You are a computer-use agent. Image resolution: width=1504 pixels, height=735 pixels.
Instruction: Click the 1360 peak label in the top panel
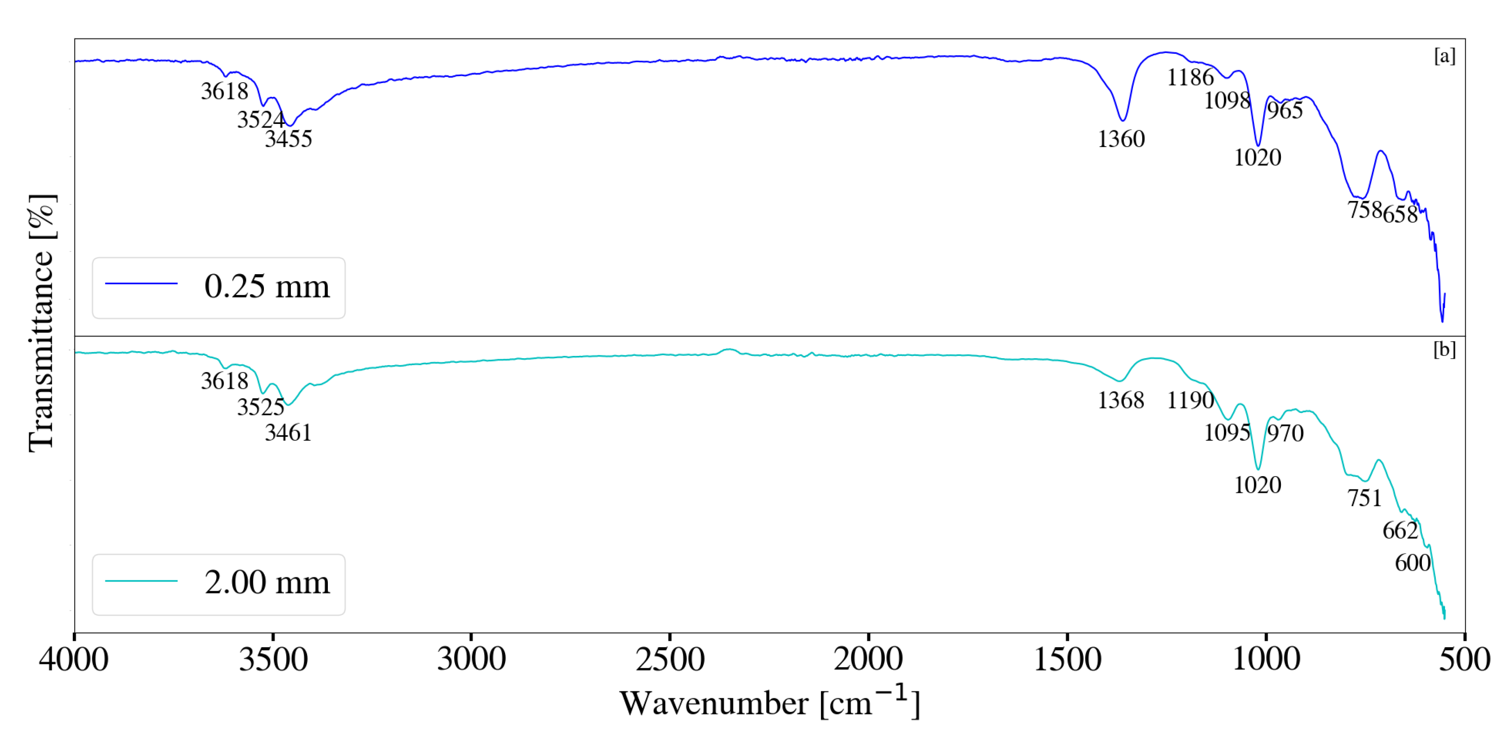coord(1121,139)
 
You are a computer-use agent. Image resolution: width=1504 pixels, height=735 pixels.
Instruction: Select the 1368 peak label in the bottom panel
coord(1121,400)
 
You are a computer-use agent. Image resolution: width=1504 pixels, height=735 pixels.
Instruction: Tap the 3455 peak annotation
coord(288,139)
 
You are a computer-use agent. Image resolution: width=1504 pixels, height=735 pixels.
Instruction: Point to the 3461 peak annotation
coord(288,433)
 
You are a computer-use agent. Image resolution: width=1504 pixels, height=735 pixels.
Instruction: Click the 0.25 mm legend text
coord(267,286)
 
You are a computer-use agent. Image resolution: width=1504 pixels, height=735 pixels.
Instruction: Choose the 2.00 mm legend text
coord(267,582)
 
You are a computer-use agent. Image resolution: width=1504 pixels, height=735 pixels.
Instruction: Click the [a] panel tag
coord(1445,56)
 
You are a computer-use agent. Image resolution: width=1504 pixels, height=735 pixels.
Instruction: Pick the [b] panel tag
coord(1445,349)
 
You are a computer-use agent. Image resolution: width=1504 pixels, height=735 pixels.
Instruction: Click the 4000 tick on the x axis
coord(74,659)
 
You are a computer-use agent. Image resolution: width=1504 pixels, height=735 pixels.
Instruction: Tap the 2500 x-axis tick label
coord(670,659)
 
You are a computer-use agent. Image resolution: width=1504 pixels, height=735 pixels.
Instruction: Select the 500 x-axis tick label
coord(1464,659)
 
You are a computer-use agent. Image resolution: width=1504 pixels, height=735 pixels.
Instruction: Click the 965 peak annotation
coord(1285,110)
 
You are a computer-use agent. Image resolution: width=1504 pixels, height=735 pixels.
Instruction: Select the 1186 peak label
coord(1190,77)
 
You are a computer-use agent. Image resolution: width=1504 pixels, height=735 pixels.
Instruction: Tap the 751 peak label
coord(1364,498)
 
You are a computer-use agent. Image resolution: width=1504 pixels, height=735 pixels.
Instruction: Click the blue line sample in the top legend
coord(141,284)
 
